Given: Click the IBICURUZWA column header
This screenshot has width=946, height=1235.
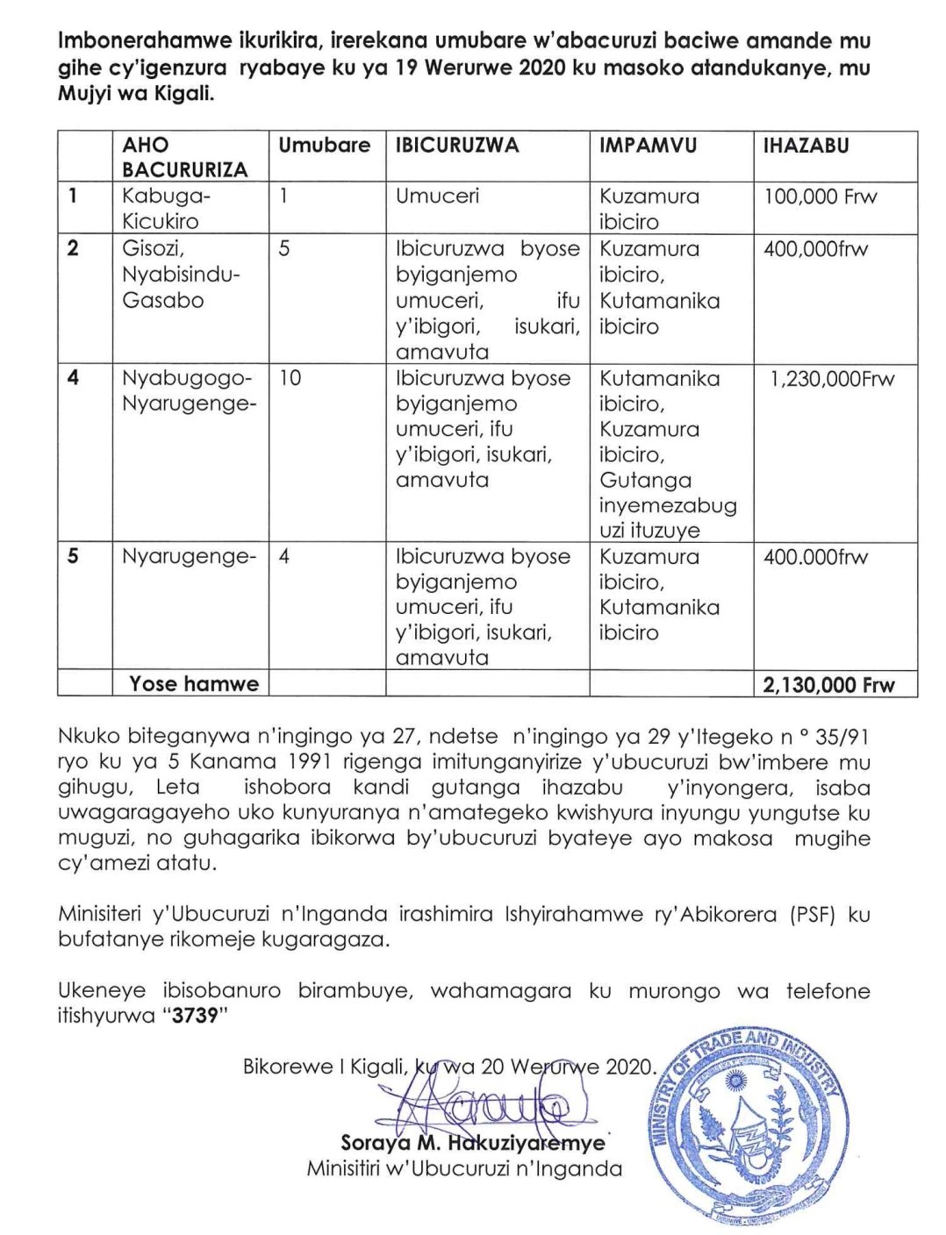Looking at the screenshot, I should click(x=456, y=146).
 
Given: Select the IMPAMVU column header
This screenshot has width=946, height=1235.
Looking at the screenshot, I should click(x=648, y=146).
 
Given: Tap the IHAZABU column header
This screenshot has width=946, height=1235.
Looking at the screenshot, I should click(x=806, y=146).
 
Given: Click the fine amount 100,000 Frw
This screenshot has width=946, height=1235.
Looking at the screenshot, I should click(x=820, y=196).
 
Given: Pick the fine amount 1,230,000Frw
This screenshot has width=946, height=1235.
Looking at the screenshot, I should click(x=832, y=380).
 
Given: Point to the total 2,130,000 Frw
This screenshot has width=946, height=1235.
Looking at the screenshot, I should click(x=828, y=685).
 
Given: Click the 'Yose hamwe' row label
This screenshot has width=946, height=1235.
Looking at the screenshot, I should click(x=194, y=684).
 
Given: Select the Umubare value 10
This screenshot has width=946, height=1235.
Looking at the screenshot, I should click(x=290, y=379).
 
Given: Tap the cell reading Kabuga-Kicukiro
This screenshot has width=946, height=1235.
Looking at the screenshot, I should click(x=161, y=209).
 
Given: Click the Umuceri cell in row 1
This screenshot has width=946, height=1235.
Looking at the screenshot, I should click(x=437, y=196).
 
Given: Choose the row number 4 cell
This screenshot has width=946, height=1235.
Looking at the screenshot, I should click(x=73, y=378).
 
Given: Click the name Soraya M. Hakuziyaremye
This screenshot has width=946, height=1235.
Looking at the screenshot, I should click(x=472, y=1143).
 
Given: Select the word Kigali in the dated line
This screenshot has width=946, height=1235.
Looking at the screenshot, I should click(x=376, y=1067).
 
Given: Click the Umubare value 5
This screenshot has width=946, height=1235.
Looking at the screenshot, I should click(x=284, y=249).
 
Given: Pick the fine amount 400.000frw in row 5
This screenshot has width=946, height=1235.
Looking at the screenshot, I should click(x=815, y=557).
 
